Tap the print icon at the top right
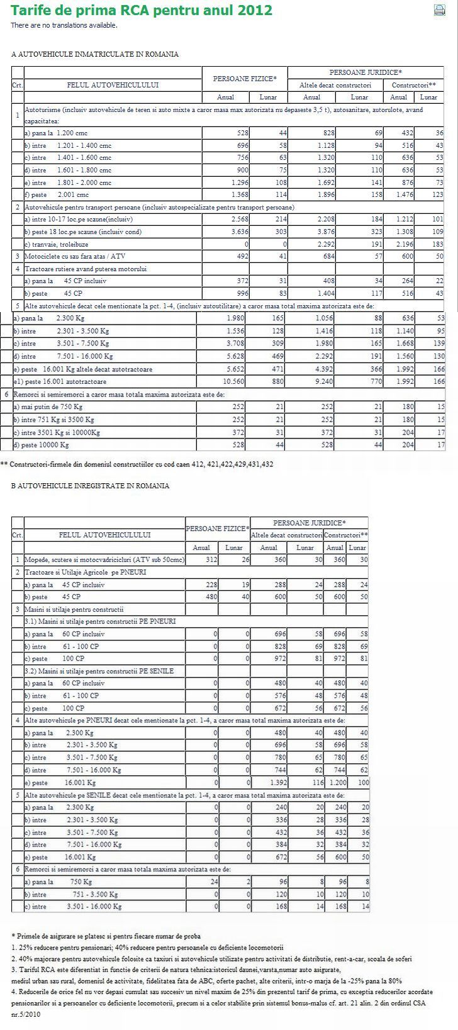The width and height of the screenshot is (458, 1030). (440, 10)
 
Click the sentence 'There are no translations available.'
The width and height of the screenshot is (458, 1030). (64, 25)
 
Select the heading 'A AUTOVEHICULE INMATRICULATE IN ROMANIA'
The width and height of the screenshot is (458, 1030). (95, 54)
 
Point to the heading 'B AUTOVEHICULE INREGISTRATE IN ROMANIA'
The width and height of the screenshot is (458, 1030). (90, 486)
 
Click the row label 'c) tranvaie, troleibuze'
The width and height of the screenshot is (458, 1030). (56, 244)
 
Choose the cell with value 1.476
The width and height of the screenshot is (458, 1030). (398, 195)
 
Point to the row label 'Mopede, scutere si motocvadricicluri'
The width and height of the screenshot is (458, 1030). (104, 559)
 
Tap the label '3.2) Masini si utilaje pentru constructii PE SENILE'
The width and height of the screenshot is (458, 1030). (99, 671)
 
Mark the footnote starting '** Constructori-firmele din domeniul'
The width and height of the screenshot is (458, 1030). (137, 464)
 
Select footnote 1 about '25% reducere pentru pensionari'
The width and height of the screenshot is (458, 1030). (147, 947)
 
